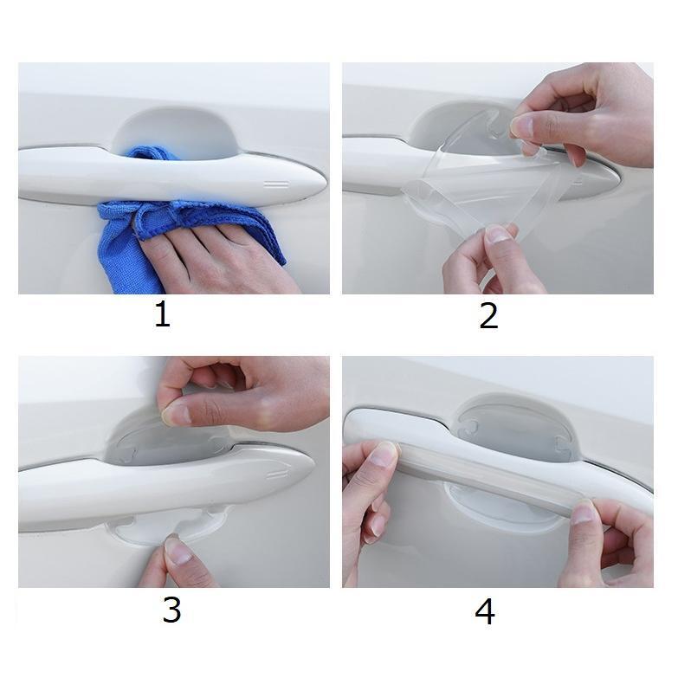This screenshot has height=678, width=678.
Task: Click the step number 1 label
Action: (x=163, y=314)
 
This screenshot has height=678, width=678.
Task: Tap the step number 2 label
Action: (x=488, y=315)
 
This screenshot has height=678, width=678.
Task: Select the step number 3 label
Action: (x=171, y=610)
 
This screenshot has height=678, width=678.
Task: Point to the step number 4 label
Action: (x=485, y=611)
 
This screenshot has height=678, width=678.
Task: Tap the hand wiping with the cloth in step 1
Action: (x=216, y=260)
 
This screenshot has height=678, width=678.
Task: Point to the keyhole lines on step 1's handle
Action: (x=276, y=184)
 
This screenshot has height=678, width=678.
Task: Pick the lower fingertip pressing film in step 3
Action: (x=178, y=551)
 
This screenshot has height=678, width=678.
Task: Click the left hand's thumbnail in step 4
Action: (x=386, y=454)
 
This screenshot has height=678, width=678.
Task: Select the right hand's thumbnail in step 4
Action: (x=584, y=513)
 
